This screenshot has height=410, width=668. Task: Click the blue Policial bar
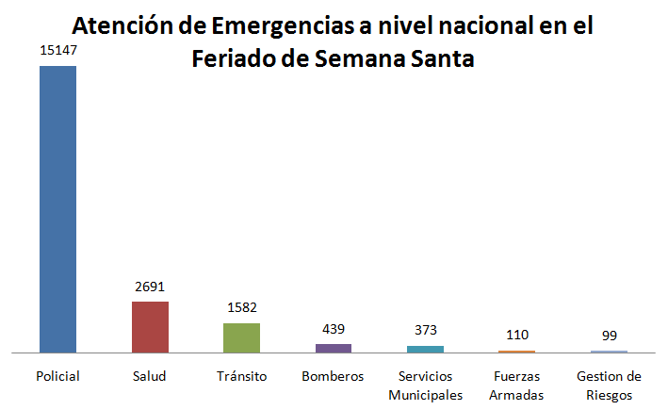coord(57,208)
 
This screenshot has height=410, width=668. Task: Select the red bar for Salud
coord(150,326)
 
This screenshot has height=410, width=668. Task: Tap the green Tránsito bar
coord(241,337)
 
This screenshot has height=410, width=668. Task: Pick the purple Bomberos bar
coord(334,348)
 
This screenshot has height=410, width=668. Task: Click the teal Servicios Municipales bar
coord(426,349)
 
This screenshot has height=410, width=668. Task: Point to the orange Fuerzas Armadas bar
coord(517,352)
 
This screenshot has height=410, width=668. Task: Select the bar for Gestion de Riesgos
coord(609,352)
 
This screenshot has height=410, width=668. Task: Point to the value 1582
coord(241,308)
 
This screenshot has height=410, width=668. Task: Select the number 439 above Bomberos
coord(334,329)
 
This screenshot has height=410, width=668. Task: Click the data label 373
coord(426,331)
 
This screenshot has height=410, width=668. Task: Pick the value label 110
coord(517,335)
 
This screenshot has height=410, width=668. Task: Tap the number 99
coord(609,336)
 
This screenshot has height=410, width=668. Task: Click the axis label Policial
coord(57,376)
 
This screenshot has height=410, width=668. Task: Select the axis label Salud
coord(150,376)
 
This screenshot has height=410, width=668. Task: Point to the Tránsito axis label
coord(241,376)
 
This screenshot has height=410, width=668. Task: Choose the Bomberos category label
coord(334,376)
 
